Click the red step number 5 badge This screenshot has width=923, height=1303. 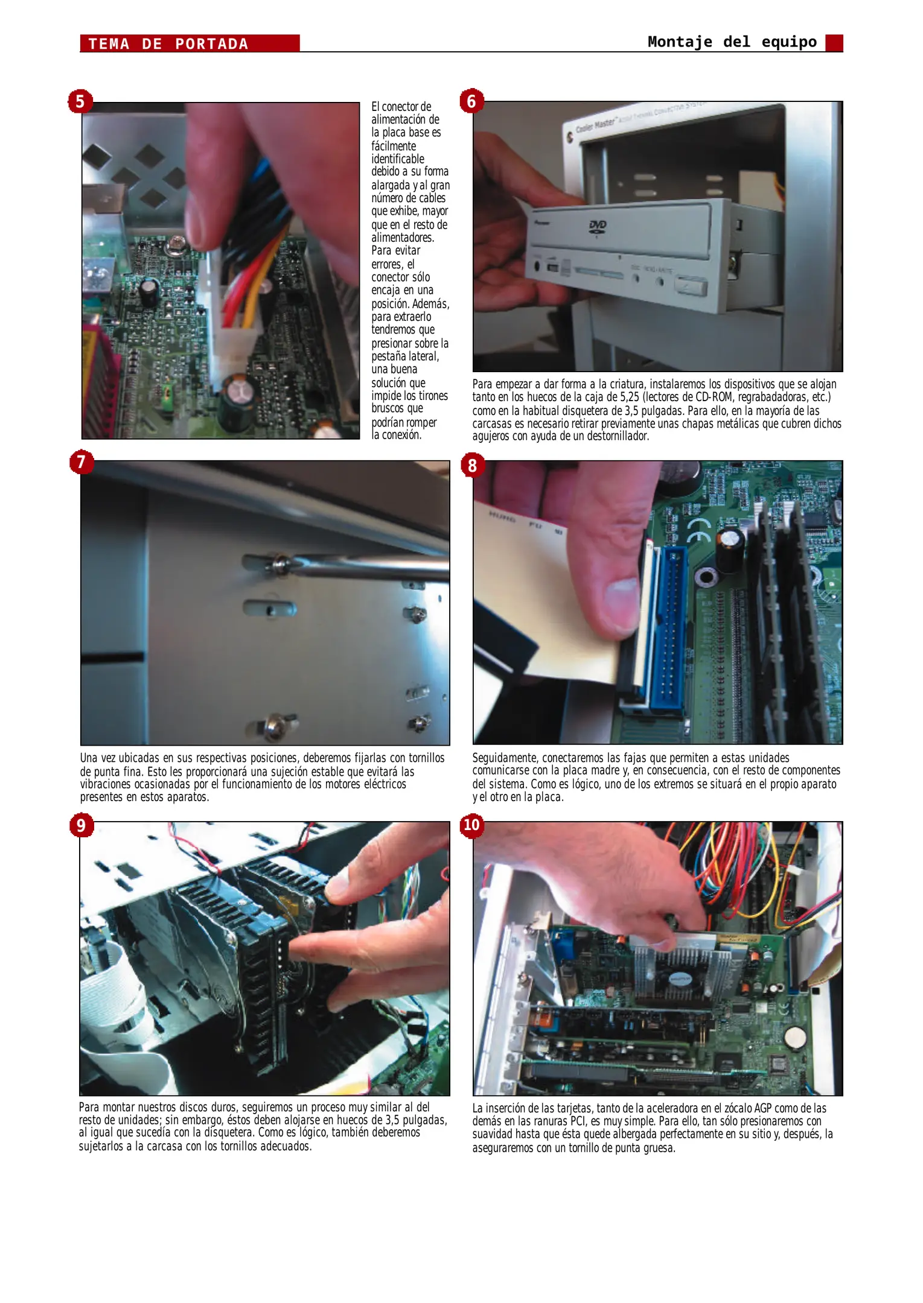[x=80, y=101]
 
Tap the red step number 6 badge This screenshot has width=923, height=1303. [x=471, y=101]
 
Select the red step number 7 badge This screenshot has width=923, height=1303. [x=81, y=462]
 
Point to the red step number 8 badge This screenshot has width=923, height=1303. [x=472, y=465]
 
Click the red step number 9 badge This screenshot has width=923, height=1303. [x=81, y=825]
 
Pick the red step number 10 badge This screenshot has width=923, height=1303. [x=471, y=825]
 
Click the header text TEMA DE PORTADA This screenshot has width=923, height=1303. [x=168, y=44]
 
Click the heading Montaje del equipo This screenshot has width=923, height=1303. [x=732, y=42]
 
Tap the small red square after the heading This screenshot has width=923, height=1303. [x=834, y=43]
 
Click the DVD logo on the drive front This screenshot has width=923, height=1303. [x=597, y=226]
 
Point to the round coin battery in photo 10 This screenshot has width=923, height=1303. [x=798, y=1038]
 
